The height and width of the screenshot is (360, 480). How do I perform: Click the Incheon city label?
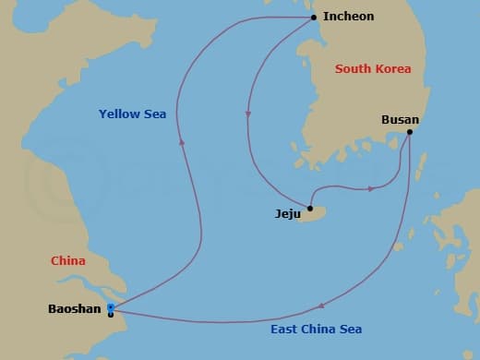click(x=349, y=17)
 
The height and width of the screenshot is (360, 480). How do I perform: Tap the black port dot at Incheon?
click(x=314, y=18)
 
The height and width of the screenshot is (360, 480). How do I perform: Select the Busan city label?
click(x=400, y=119)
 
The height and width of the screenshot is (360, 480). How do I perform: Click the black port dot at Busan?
click(x=409, y=131)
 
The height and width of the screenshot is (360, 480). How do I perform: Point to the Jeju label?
click(x=288, y=213)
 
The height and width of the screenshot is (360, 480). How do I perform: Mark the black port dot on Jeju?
click(x=310, y=208)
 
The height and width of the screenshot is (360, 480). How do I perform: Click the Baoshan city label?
click(x=74, y=309)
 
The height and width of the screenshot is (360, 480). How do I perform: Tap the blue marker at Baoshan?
click(x=111, y=307)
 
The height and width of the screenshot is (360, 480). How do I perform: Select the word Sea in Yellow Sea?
click(x=154, y=114)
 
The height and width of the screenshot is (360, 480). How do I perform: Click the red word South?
click(x=353, y=69)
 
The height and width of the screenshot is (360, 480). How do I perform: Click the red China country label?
click(x=67, y=261)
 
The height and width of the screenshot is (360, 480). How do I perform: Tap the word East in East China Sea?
click(x=284, y=330)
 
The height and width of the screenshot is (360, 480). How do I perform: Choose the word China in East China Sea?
click(x=318, y=330)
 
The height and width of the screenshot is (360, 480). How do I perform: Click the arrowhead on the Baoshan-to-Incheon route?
click(x=182, y=142)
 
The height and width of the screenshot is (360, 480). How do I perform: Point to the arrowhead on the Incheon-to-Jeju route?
click(x=247, y=114)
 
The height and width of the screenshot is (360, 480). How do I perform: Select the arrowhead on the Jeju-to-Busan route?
click(x=370, y=188)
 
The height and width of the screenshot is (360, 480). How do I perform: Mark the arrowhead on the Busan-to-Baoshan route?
click(x=319, y=306)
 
